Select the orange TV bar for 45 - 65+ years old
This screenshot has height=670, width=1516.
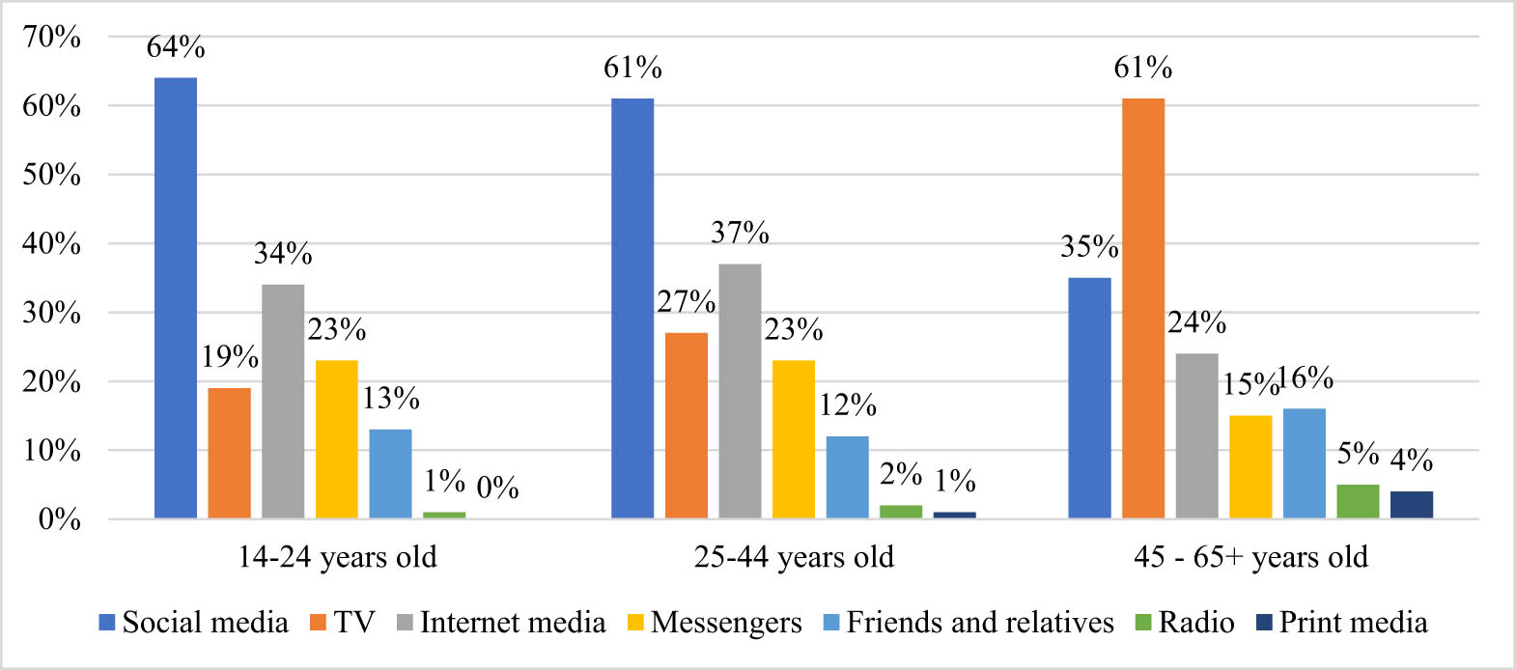pos(1143,308)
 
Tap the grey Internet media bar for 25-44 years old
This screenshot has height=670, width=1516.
pos(740,391)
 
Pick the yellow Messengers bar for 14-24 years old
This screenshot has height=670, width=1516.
pos(337,439)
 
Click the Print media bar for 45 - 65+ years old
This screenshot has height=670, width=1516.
pos(1412,505)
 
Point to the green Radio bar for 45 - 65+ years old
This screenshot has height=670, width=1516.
pos(1358,502)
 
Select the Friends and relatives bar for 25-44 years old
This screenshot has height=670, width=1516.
pos(847,477)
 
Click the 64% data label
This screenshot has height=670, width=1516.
pos(176,46)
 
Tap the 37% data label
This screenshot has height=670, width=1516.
pos(740,233)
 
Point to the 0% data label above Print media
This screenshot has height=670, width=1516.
pos(498,488)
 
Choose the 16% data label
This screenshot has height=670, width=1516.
pos(1305,377)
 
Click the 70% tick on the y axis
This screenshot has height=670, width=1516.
pos(52,37)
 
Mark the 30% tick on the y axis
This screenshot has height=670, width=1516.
pos(52,312)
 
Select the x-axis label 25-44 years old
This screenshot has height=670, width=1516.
pos(794,557)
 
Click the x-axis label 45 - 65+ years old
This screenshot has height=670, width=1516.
pos(1250,557)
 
